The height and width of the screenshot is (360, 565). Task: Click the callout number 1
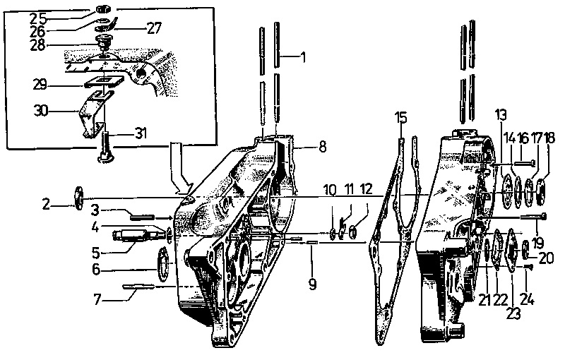pyautogui.click(x=303, y=57)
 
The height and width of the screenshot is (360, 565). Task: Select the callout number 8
pyautogui.click(x=322, y=147)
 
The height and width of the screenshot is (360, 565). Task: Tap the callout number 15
pyautogui.click(x=401, y=117)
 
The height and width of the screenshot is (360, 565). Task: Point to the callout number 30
pyautogui.click(x=41, y=111)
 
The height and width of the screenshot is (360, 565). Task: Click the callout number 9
pyautogui.click(x=312, y=284)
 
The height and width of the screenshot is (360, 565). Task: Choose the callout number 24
pyautogui.click(x=527, y=299)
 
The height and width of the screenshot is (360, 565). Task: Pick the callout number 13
pyautogui.click(x=501, y=114)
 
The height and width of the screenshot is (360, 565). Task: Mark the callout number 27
pyautogui.click(x=154, y=28)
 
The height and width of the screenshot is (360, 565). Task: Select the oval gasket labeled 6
pyautogui.click(x=164, y=265)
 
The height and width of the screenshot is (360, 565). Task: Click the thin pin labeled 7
pyautogui.click(x=138, y=287)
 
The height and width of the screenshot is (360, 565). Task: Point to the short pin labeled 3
pyautogui.click(x=143, y=217)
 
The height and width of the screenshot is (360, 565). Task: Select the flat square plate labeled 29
pyautogui.click(x=104, y=82)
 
